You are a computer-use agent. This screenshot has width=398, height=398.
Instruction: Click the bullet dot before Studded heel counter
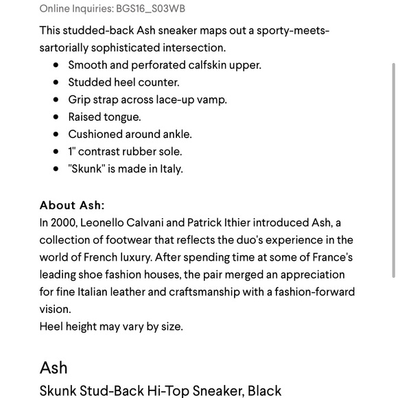tap(56, 82)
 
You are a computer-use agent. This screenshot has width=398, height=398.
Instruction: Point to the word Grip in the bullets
tap(80, 99)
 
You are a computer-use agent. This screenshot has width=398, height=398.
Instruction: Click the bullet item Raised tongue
tap(104, 117)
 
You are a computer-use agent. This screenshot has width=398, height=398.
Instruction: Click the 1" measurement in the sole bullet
tap(71, 151)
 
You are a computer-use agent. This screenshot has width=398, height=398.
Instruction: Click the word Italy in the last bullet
tap(171, 168)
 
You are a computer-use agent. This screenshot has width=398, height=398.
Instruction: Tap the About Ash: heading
tap(72, 205)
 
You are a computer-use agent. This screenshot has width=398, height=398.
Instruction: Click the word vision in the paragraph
tap(54, 309)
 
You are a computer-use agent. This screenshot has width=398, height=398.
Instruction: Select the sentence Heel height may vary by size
tap(111, 326)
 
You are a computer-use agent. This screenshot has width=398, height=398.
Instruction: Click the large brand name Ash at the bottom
tap(54, 367)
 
